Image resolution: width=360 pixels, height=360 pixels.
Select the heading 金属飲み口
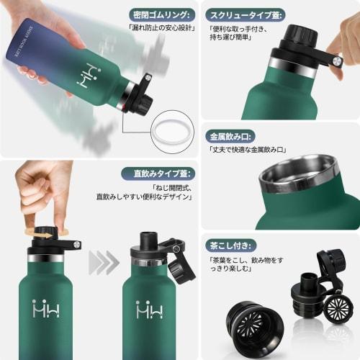click(233, 135)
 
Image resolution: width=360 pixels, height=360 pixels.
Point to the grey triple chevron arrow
click(104, 263)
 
